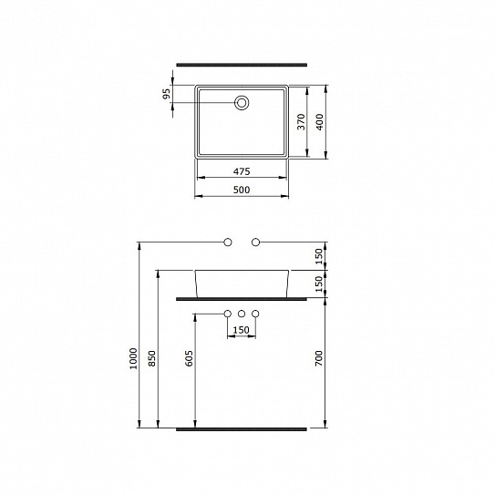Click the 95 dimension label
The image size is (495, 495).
167,94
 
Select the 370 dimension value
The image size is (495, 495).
302,121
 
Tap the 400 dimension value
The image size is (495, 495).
319,122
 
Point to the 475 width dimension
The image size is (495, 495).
242,171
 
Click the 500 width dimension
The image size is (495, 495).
242,190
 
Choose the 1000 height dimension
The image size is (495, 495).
133,358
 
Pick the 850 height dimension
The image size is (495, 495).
152,358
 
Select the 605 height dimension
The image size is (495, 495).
189,358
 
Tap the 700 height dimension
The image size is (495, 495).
319,358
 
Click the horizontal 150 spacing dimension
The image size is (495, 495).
242,330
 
